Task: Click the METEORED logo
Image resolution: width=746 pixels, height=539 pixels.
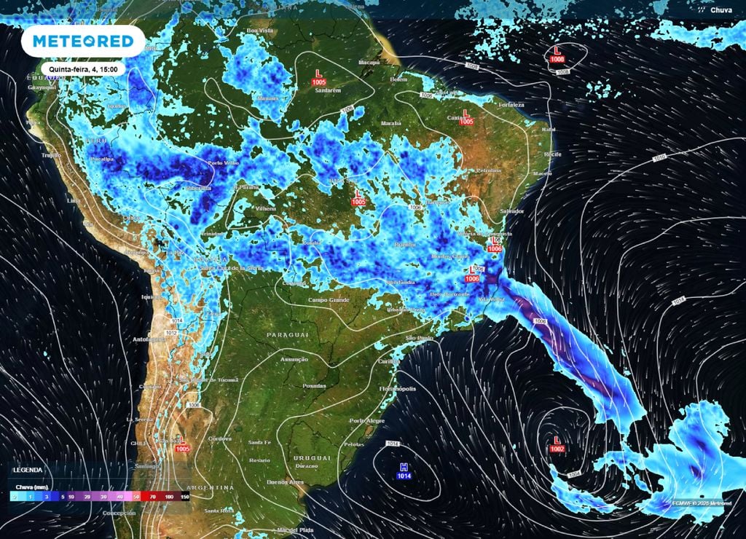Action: (82, 41)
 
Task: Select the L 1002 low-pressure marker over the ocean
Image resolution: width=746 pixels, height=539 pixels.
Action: (557, 445)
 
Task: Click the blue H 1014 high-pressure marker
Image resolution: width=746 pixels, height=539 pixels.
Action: (404, 471)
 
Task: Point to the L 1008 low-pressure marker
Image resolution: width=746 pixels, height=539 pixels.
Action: (558, 54)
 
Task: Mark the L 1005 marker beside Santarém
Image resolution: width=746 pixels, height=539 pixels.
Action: (318, 77)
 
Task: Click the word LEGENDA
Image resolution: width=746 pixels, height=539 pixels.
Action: (27, 471)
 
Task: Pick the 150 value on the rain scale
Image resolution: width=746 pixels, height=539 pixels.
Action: (185, 496)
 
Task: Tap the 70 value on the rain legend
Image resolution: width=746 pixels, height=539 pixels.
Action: (152, 496)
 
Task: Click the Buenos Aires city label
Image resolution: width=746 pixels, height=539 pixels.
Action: (286, 482)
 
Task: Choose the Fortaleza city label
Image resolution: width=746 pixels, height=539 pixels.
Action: (511, 104)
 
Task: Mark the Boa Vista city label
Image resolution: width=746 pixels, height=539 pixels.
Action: (259, 31)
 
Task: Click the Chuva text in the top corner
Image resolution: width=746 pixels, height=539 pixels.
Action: (721, 10)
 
